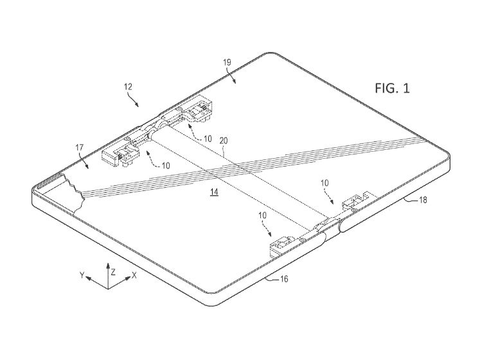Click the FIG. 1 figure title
click(392, 88)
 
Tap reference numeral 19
click(227, 63)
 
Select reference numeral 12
click(128, 87)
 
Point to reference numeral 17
click(79, 148)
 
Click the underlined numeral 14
click(214, 192)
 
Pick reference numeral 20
click(224, 141)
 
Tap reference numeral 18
click(423, 200)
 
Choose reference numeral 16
click(284, 279)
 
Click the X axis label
click(134, 275)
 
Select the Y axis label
click(82, 275)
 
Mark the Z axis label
click(113, 272)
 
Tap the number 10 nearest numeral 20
click(208, 139)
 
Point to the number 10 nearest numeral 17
click(166, 166)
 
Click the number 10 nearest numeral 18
click(325, 183)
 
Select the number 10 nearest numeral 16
click(262, 215)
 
